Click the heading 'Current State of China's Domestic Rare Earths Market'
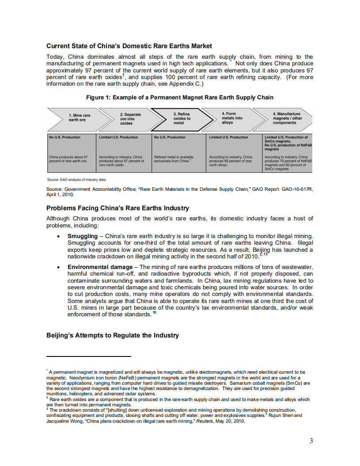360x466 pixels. (x=129, y=46)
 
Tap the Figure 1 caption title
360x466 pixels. (x=180, y=97)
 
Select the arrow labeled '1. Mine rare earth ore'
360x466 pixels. (x=78, y=118)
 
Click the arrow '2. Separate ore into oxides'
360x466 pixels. (x=128, y=118)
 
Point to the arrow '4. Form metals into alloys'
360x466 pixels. (x=232, y=118)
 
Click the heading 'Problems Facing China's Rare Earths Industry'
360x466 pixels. (x=117, y=208)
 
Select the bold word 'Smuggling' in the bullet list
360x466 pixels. (x=82, y=236)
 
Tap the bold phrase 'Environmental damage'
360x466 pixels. (x=100, y=267)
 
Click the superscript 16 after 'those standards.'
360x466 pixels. (x=154, y=313)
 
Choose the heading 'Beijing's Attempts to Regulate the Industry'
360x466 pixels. (x=113, y=335)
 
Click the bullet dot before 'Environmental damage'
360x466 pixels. (x=59, y=268)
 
